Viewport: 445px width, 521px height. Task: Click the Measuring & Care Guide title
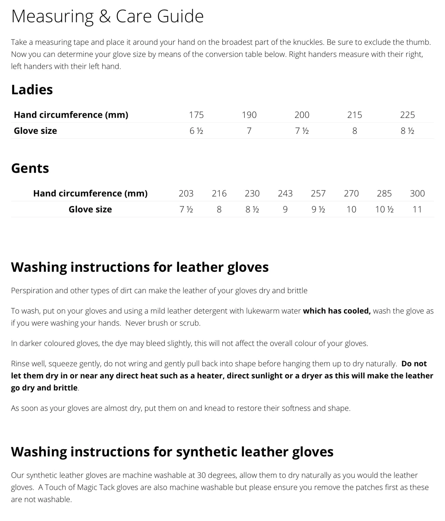[107, 16]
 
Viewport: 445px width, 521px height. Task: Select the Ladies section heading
[32, 90]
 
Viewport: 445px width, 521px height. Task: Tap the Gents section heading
[30, 168]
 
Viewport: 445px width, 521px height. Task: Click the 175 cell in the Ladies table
[196, 115]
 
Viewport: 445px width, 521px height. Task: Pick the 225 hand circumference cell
[407, 115]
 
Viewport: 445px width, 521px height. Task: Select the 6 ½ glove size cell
[196, 131]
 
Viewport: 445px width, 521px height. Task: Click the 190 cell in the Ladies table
[249, 115]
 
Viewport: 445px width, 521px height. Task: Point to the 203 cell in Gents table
[186, 193]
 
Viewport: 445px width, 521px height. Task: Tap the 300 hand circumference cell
[417, 193]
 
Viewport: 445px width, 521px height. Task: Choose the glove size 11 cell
[417, 209]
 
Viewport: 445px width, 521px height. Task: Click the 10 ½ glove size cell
[384, 209]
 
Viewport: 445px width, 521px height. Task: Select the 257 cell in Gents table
[318, 193]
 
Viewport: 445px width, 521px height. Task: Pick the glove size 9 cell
[285, 209]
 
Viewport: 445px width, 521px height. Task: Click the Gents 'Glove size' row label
[90, 209]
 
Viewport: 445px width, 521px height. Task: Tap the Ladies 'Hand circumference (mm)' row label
[71, 115]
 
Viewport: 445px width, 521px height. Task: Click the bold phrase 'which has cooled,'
[337, 311]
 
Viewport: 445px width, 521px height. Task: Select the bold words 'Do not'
[414, 364]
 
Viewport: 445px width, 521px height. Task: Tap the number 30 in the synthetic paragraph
[201, 475]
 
